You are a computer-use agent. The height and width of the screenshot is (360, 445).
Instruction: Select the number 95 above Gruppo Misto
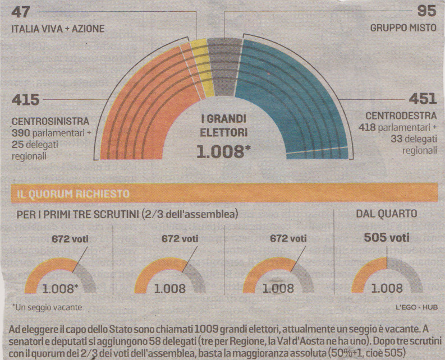(x=425, y=11)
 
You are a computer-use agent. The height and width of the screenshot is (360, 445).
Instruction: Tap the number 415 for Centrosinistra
(x=25, y=101)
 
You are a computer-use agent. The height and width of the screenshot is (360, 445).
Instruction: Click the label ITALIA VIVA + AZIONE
(x=53, y=28)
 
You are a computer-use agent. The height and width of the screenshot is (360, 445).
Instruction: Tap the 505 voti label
(x=387, y=237)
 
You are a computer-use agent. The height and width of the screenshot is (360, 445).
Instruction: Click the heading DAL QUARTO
(x=387, y=214)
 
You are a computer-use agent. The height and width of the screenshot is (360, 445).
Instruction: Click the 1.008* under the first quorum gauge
(x=61, y=289)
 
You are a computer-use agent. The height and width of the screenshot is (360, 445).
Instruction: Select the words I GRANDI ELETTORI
(x=222, y=126)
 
